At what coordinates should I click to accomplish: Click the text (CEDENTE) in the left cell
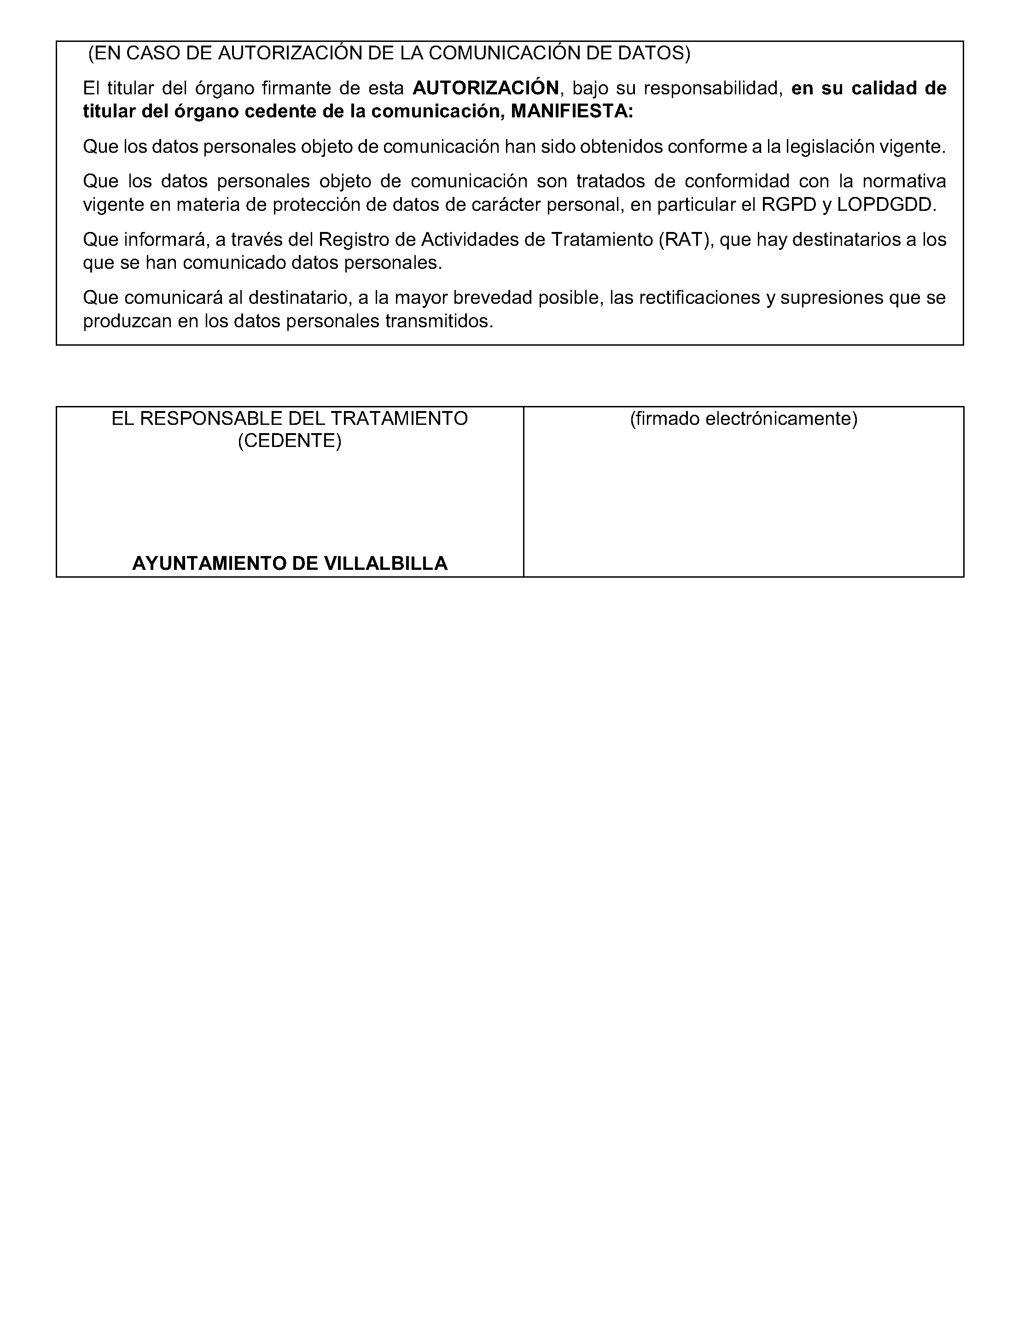click(x=290, y=441)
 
